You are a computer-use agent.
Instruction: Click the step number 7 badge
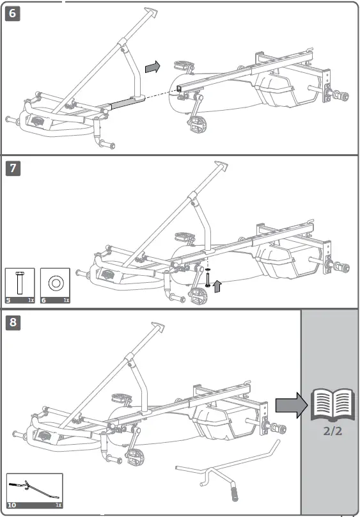[x=12, y=168]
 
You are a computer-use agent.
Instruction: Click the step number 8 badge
[x=12, y=322]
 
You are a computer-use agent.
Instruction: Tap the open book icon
[x=330, y=406]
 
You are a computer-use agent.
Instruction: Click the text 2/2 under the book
[x=331, y=431]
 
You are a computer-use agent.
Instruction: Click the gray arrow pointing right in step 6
[x=152, y=67]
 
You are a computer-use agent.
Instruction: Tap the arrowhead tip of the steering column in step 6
[x=151, y=12]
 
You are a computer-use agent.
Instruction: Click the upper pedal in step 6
[x=183, y=65]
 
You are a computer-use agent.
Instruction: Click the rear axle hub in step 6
[x=341, y=97]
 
